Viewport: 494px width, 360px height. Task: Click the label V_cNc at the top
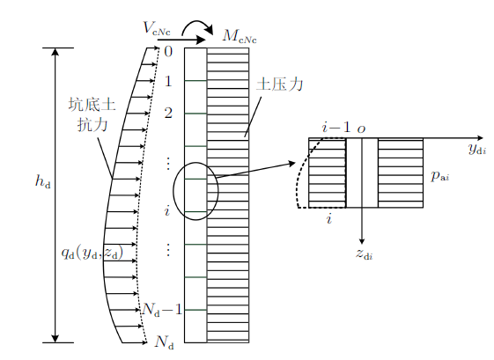click(157, 28)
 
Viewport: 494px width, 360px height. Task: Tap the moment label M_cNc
click(240, 36)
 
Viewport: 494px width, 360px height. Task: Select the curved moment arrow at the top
click(198, 26)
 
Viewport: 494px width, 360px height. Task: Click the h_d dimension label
click(43, 181)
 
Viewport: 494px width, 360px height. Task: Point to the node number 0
click(168, 51)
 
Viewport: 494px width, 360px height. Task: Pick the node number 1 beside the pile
click(168, 81)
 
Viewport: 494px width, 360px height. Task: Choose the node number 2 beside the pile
click(168, 113)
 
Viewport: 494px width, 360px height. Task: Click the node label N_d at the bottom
click(164, 342)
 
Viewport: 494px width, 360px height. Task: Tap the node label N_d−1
click(162, 310)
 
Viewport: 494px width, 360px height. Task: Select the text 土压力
click(280, 84)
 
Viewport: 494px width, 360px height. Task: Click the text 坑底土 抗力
click(92, 114)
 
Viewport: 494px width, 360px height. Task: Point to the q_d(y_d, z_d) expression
click(92, 253)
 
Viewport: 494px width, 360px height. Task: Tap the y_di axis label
click(477, 149)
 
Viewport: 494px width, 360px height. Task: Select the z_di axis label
click(364, 253)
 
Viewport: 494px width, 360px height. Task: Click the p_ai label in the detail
click(439, 176)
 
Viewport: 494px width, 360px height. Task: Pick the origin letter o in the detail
click(361, 129)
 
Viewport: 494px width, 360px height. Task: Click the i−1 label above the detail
click(336, 128)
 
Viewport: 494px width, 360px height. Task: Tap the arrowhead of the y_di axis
click(480, 138)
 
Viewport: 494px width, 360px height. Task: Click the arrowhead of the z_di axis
click(362, 241)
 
